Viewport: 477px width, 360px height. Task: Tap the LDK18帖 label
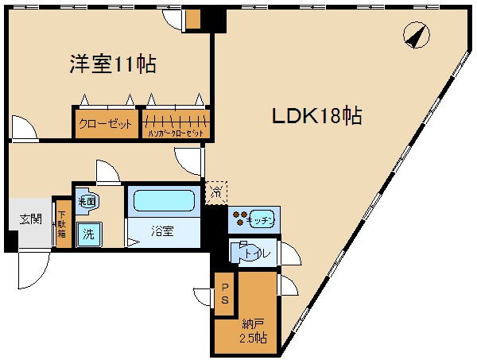[x=317, y=116]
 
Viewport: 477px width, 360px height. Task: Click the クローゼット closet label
[x=106, y=124]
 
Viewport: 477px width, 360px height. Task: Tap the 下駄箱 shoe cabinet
[x=63, y=222]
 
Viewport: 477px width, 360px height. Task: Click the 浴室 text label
[x=163, y=231]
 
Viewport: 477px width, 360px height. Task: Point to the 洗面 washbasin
[x=87, y=203]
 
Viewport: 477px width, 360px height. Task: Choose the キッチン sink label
[x=261, y=220]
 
